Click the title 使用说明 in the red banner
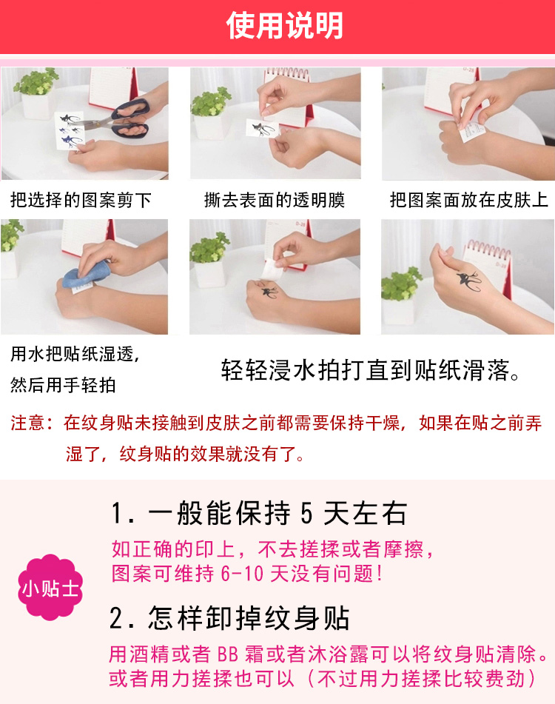(x=285, y=25)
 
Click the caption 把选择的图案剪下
(x=81, y=200)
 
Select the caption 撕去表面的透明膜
(x=275, y=200)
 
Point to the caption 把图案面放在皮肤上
(x=469, y=200)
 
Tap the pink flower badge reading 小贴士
(x=50, y=587)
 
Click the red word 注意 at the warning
(x=27, y=423)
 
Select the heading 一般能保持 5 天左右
(x=259, y=513)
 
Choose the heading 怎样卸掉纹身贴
(x=229, y=618)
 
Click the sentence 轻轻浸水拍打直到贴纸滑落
(x=370, y=370)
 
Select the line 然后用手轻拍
(x=63, y=385)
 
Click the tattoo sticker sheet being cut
(x=70, y=130)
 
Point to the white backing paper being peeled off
(x=273, y=270)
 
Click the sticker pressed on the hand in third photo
(x=471, y=130)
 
